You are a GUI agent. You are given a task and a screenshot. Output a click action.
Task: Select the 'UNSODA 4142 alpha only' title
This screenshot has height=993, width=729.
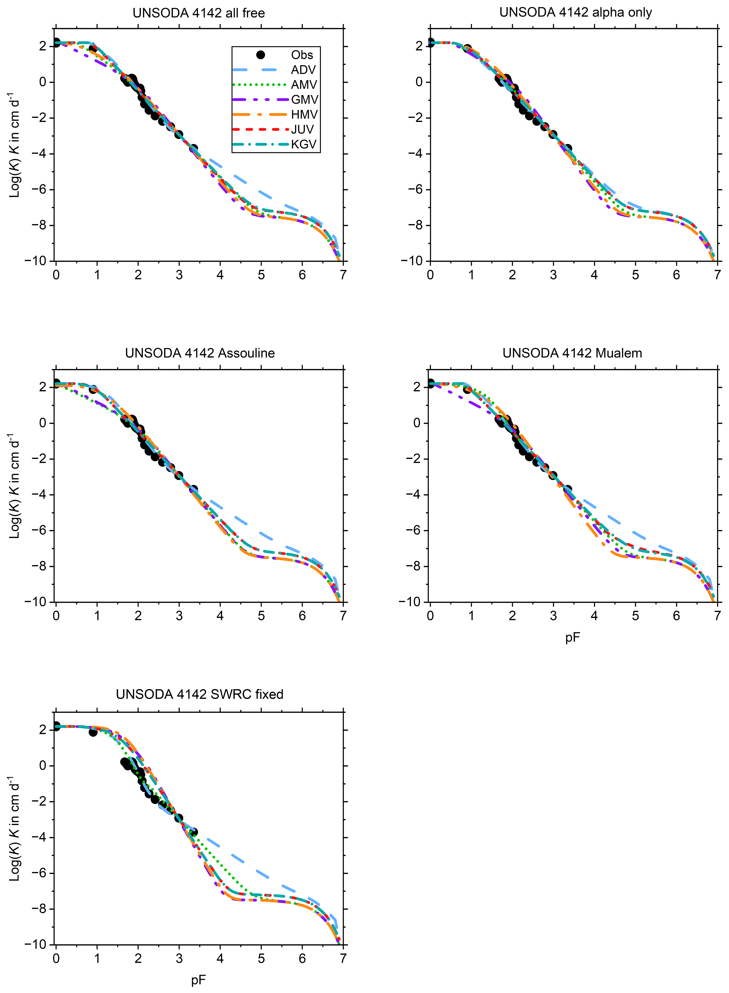coord(575,12)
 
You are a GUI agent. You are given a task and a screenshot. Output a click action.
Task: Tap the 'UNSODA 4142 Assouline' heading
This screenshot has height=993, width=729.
coord(200,353)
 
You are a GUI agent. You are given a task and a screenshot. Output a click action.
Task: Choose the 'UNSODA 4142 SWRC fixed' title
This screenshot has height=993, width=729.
coord(200,694)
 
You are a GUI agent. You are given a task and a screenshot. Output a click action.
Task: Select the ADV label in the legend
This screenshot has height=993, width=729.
coord(304,70)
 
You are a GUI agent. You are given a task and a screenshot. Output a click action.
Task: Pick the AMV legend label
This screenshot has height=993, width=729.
coord(304,85)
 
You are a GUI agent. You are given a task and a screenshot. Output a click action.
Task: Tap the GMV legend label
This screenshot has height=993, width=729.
coord(304,100)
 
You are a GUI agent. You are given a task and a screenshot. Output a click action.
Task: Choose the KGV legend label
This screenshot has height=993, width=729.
coord(304,144)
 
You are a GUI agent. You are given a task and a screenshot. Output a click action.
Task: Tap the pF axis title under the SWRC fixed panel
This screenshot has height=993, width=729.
coord(199,980)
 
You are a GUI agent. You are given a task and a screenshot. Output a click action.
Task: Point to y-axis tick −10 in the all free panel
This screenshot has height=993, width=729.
coord(35,261)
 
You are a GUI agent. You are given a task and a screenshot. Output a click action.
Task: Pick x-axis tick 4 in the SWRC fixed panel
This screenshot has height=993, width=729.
coord(220,958)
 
